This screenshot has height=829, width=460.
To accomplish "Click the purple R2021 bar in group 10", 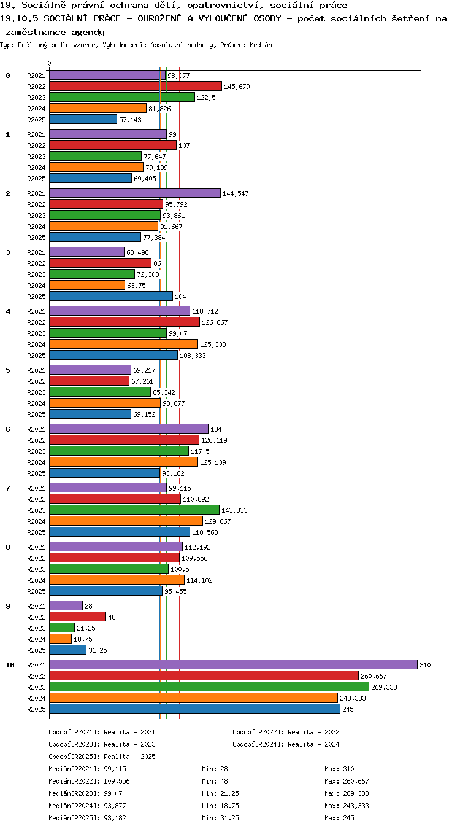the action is click(x=234, y=664).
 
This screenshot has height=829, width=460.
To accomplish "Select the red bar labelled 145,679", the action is click(x=136, y=86).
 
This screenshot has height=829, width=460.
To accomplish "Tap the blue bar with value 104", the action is click(x=111, y=296).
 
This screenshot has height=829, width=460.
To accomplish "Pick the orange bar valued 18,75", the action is click(x=61, y=639).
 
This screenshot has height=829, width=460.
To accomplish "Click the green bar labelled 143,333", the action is click(x=134, y=510).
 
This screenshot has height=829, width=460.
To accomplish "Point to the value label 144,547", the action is click(x=236, y=193).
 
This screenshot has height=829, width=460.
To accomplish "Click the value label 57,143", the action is click(x=130, y=120).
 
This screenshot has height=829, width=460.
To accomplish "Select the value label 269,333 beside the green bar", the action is click(x=384, y=687).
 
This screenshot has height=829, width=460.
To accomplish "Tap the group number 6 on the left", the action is click(x=8, y=429).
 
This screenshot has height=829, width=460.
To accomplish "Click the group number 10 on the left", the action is click(x=10, y=665).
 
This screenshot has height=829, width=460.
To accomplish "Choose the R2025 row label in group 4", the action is click(x=36, y=356).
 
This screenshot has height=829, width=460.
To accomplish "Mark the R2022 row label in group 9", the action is click(x=36, y=617).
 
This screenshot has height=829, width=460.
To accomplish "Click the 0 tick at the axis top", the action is click(x=50, y=64).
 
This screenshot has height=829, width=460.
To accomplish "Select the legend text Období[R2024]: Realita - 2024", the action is click(x=286, y=744).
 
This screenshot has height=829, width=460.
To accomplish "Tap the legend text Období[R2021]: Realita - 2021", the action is click(x=102, y=732).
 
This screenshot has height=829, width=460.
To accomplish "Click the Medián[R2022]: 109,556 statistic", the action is click(x=89, y=781).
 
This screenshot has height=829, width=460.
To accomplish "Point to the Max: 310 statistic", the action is click(x=339, y=769).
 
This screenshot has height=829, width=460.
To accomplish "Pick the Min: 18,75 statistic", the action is click(x=220, y=806).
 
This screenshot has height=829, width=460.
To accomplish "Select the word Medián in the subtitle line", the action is click(x=261, y=45).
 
